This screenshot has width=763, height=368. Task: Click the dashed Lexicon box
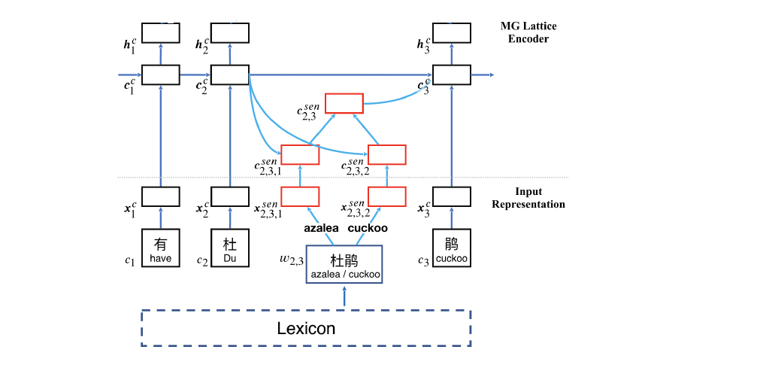(x=306, y=328)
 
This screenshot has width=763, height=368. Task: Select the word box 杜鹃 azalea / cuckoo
(x=344, y=264)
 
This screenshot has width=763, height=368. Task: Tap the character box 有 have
(x=161, y=248)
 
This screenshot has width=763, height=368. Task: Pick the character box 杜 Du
(x=229, y=248)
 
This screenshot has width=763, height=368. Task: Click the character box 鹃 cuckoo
(x=451, y=248)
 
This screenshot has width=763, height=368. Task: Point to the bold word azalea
(x=322, y=227)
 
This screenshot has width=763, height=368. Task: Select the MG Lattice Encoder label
(x=528, y=32)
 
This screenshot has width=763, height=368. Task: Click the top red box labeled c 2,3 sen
(x=344, y=103)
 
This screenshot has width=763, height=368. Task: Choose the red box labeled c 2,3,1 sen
(x=300, y=154)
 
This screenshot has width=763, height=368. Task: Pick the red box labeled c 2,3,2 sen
(x=386, y=154)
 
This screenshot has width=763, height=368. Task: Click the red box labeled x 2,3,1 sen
(x=300, y=196)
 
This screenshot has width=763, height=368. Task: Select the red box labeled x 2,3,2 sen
(x=386, y=196)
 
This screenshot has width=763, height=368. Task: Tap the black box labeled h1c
(x=161, y=33)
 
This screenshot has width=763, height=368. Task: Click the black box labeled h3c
(x=451, y=33)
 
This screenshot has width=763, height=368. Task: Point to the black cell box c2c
(x=229, y=75)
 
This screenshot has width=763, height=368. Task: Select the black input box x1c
(x=161, y=196)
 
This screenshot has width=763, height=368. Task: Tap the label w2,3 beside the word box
(x=289, y=260)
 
